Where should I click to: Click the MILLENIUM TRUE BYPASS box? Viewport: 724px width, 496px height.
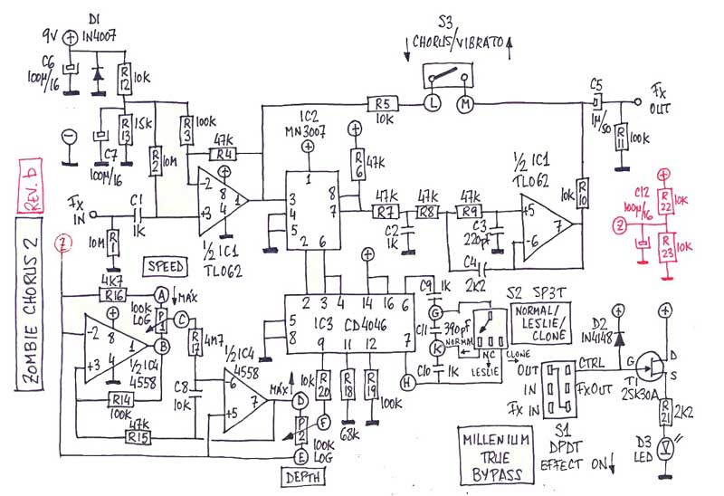pyautogui.click(x=493, y=454)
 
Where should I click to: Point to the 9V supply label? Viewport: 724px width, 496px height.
pyautogui.click(x=53, y=37)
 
